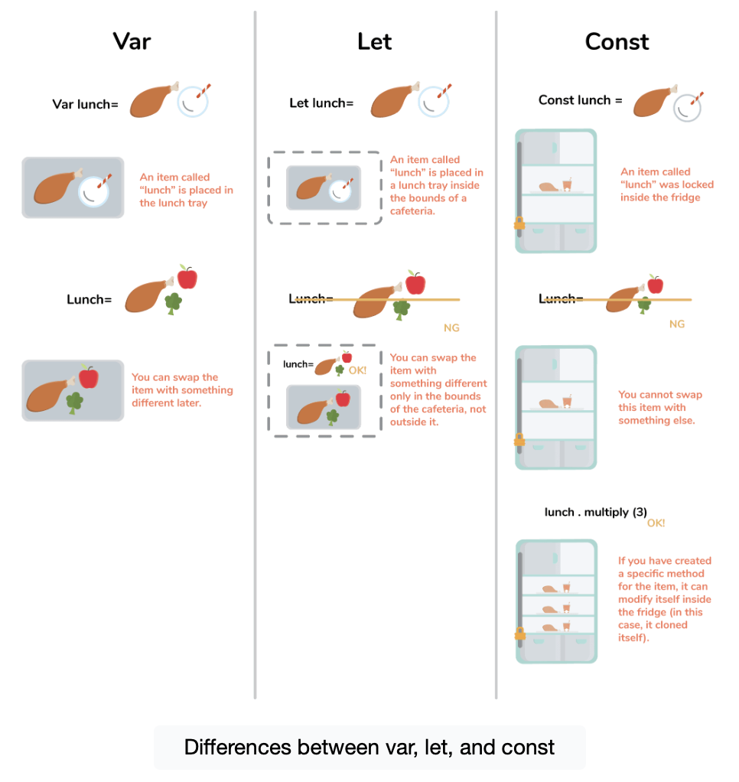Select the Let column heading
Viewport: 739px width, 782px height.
point(374,41)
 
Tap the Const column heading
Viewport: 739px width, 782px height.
point(617,41)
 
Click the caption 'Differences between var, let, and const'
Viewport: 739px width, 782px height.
point(369,747)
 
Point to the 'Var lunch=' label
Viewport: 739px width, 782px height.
point(85,104)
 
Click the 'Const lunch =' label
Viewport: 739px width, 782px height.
point(580,100)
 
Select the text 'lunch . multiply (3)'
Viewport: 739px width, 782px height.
point(596,512)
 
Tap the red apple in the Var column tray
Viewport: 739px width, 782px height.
point(89,376)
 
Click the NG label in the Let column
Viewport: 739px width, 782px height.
point(451,328)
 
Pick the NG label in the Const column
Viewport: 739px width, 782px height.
point(676,324)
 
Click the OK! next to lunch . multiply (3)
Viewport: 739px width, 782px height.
point(656,523)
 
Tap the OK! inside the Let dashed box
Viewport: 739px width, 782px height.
point(357,370)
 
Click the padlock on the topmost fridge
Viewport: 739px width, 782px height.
point(519,223)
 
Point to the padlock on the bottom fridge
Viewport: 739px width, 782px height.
point(519,634)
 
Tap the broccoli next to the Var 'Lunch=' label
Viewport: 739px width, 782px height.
point(174,303)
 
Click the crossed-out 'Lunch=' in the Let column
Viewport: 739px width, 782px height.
point(311,298)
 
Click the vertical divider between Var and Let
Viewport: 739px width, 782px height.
point(255,352)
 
